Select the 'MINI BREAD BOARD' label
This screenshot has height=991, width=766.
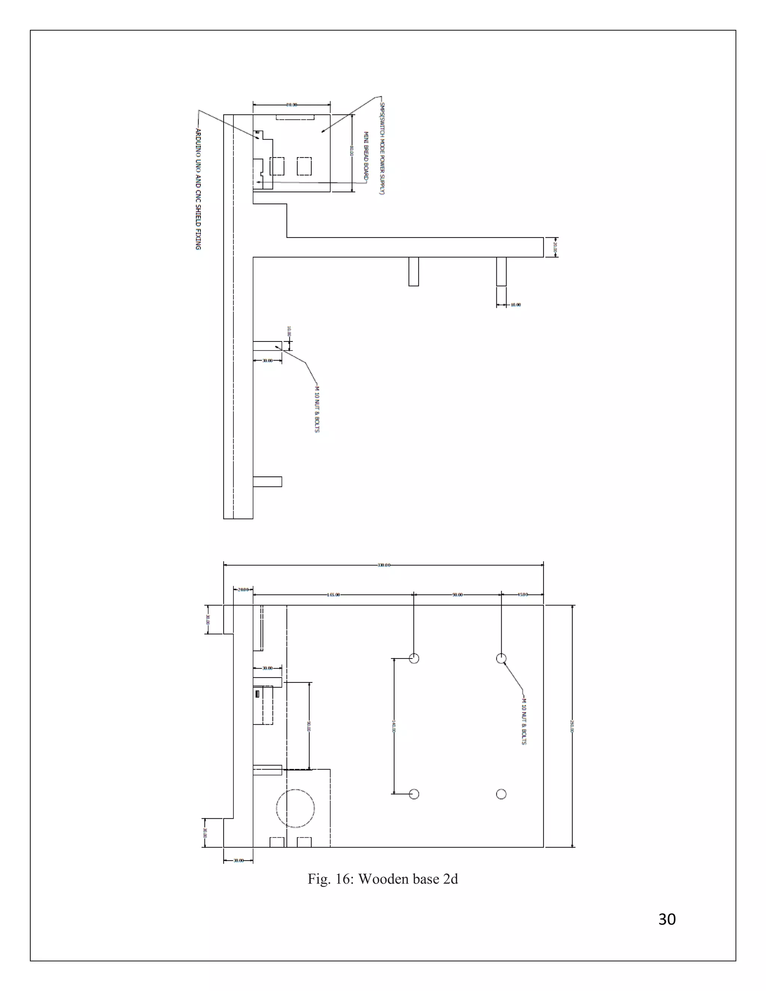[x=366, y=157]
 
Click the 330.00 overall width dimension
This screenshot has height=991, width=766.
[x=383, y=565]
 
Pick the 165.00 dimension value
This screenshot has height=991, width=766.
[x=333, y=595]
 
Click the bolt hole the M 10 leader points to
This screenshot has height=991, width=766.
[x=501, y=659]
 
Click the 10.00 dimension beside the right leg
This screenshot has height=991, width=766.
[x=515, y=305]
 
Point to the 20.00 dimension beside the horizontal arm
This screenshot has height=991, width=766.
[x=555, y=247]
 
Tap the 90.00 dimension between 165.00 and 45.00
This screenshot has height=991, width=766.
[x=457, y=595]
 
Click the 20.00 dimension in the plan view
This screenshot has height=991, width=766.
[x=243, y=589]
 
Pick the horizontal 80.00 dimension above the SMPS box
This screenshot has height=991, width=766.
[x=291, y=105]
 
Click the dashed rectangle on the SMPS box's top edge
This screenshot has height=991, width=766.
[x=295, y=117]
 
